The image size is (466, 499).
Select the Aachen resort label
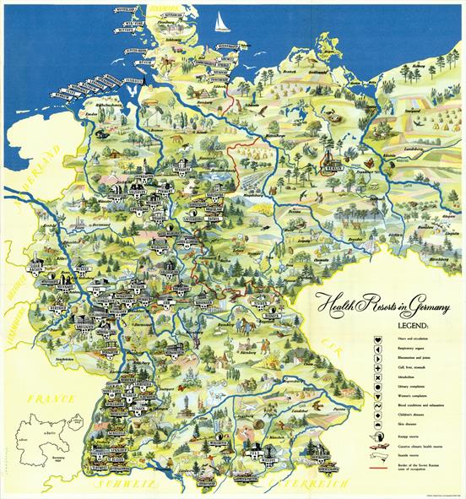coord(43,253)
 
